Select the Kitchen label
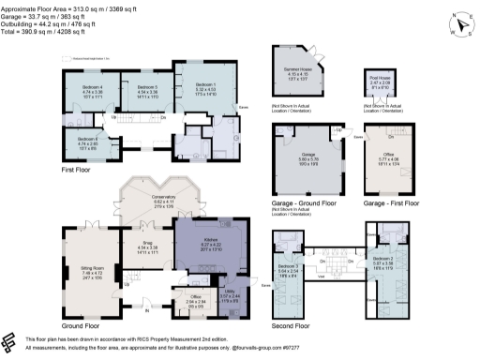(x=203, y=239)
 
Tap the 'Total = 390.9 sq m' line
(x=48, y=32)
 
